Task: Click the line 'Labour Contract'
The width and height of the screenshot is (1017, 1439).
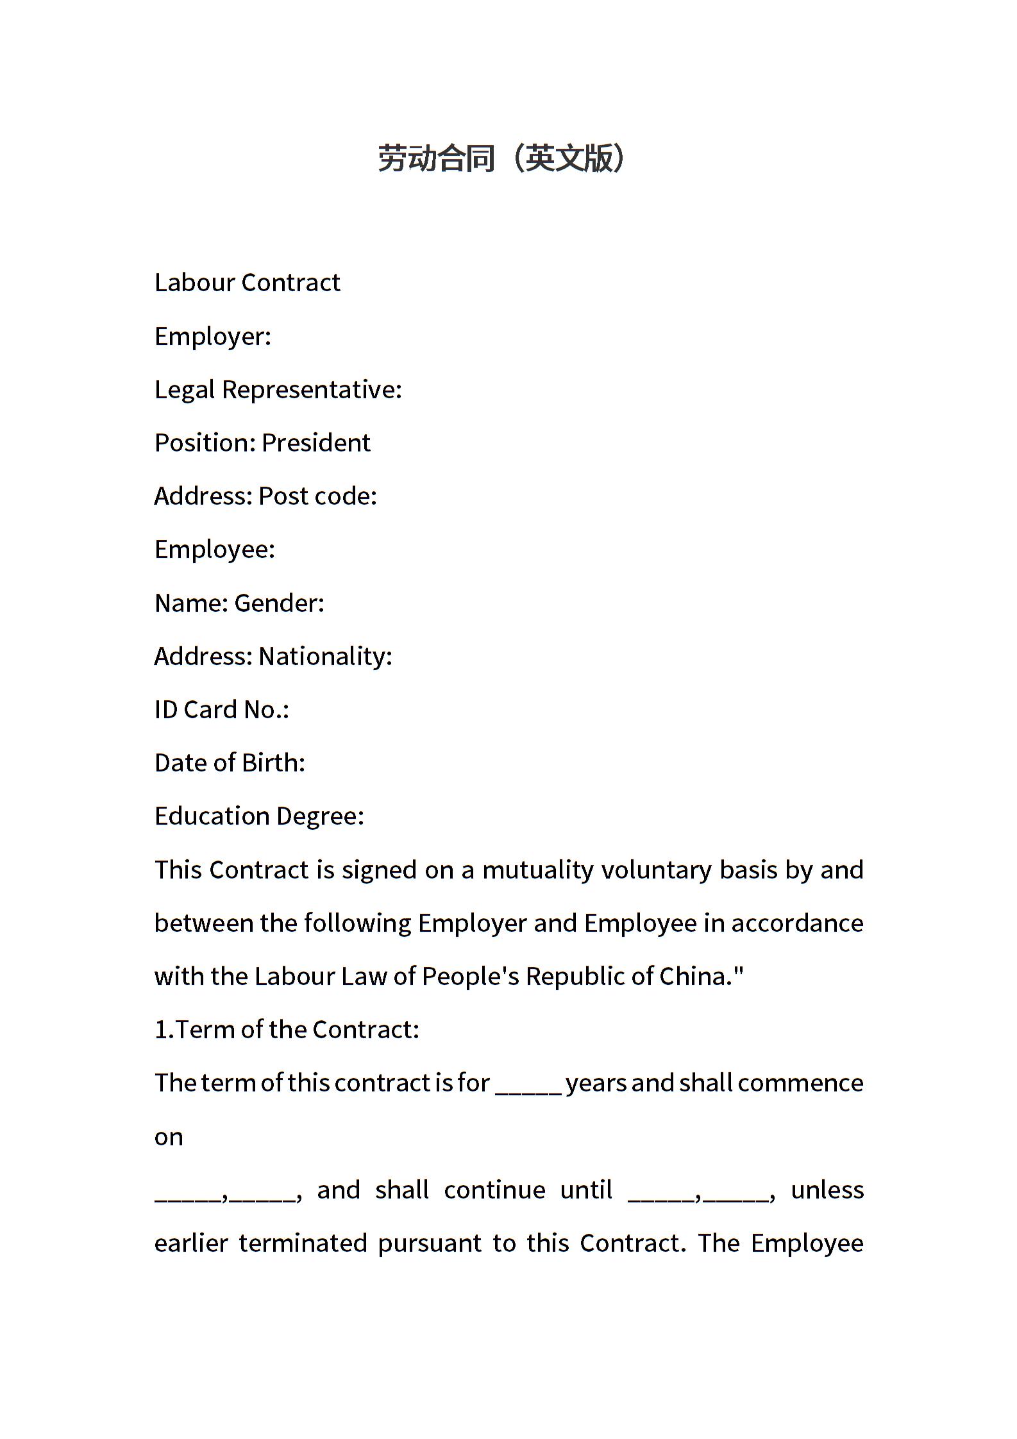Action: point(247,283)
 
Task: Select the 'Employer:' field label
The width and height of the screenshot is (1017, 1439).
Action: point(213,336)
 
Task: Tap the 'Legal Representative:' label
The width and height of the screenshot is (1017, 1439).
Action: point(278,389)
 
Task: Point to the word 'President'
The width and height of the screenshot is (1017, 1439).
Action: point(316,442)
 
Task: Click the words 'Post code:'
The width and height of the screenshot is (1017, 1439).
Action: point(317,496)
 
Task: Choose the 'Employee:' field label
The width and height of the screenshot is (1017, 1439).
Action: point(215,549)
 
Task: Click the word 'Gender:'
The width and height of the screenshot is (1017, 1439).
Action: point(280,603)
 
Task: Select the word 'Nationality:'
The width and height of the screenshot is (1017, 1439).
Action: point(325,656)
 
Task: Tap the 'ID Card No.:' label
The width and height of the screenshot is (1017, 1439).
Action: point(222,709)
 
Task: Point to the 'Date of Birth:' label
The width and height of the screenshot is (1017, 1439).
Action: point(230,762)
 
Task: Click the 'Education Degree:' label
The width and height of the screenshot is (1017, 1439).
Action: point(259,816)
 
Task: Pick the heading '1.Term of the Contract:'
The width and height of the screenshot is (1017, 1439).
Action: point(287,1029)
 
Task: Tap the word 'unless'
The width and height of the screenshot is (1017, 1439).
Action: point(827,1190)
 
